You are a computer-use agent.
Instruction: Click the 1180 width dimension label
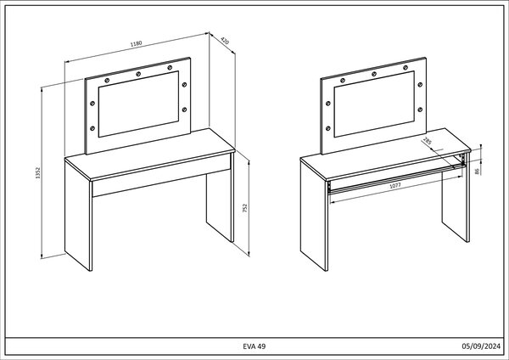[x=136, y=43]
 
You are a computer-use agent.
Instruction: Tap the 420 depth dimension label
[x=225, y=41]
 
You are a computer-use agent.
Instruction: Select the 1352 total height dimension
[x=37, y=173]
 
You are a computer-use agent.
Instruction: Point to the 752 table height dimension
[x=245, y=208]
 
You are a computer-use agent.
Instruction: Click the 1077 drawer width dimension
[x=395, y=185]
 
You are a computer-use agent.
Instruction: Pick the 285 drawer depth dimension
[x=427, y=141]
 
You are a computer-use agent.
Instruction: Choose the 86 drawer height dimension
[x=477, y=171]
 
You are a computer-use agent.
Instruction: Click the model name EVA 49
[x=255, y=346]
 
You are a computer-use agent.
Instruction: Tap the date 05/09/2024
[x=481, y=346]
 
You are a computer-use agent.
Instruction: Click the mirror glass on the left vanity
[x=138, y=104]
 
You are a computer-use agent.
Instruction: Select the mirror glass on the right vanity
[x=374, y=104]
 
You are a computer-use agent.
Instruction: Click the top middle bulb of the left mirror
[x=138, y=74]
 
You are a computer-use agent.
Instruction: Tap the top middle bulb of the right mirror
[x=374, y=74]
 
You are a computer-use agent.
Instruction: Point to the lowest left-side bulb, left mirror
[x=92, y=128]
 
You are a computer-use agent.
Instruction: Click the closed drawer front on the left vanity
[x=161, y=175]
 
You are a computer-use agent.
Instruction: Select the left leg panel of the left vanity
[x=78, y=216]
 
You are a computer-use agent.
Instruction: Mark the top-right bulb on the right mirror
[x=406, y=68]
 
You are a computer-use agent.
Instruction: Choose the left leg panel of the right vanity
[x=314, y=216]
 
